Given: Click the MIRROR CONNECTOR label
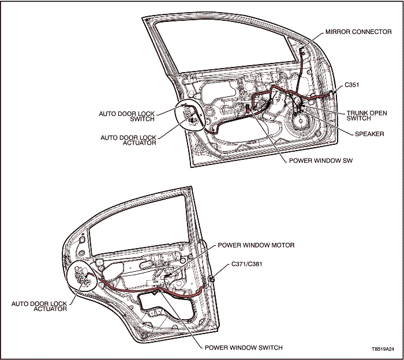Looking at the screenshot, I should (x=358, y=32).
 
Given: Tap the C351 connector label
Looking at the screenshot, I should (x=353, y=85).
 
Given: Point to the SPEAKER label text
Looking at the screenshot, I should (x=369, y=134).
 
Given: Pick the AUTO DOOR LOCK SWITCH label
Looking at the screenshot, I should (x=126, y=116).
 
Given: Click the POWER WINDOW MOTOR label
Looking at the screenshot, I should (x=256, y=245).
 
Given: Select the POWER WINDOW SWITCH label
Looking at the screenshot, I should (x=244, y=348).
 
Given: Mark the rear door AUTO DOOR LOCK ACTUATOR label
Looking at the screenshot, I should (x=39, y=306).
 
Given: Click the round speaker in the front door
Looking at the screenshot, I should (x=301, y=122).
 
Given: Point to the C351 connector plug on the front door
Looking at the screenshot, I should (x=333, y=92).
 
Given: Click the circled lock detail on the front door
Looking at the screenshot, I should (x=190, y=116).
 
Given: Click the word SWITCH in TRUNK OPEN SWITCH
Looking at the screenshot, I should (x=359, y=119).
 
